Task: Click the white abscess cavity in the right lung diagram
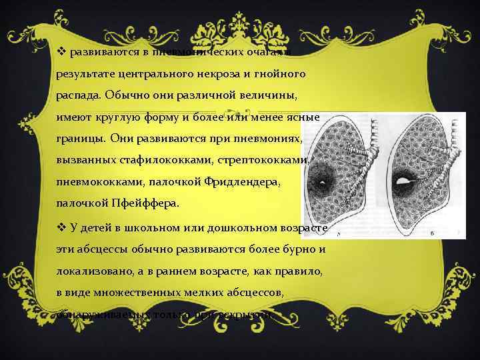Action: click(x=403, y=181)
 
